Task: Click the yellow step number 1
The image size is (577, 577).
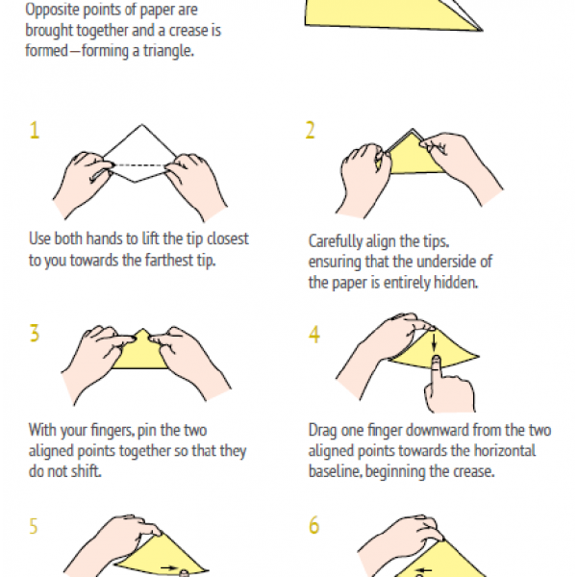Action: point(35,130)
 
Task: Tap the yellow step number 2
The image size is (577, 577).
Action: point(311,130)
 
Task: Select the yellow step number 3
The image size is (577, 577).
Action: point(35,334)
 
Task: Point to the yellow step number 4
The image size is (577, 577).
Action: point(314,335)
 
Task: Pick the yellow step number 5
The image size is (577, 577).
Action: point(34,526)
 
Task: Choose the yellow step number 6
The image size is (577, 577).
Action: point(314,525)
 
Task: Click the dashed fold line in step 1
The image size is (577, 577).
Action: point(139,165)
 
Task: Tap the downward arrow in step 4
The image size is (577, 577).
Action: point(435,341)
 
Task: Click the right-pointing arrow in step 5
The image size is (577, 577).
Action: point(169,567)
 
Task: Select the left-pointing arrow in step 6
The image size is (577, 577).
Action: point(423,570)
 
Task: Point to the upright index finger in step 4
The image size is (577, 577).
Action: point(437,375)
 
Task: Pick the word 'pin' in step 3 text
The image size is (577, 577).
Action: point(147,431)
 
